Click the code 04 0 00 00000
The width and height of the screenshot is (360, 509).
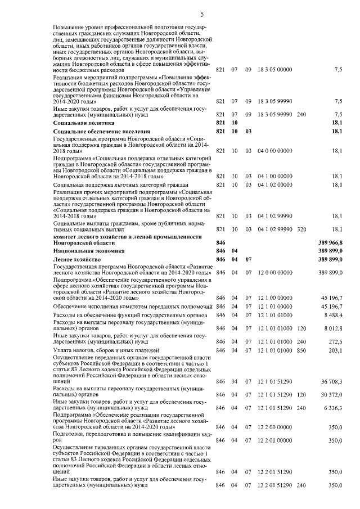(x=274, y=151)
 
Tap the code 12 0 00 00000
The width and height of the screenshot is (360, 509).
(x=274, y=272)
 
